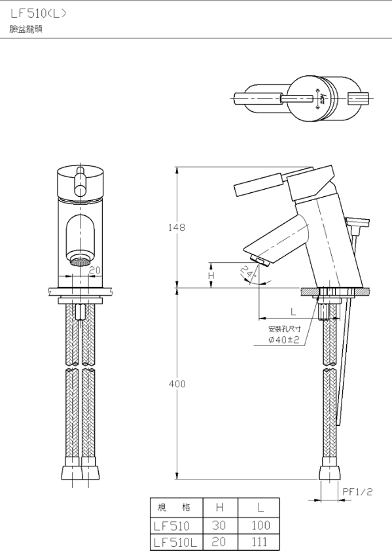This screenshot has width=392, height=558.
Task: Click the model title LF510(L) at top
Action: click(x=38, y=14)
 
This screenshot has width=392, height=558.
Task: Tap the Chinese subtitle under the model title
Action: click(x=26, y=29)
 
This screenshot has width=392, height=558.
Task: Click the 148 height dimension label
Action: click(x=177, y=227)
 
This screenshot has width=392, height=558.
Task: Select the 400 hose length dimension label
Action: click(x=177, y=383)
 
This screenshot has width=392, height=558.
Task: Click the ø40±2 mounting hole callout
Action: click(x=284, y=340)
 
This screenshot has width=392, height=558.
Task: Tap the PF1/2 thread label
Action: click(x=357, y=491)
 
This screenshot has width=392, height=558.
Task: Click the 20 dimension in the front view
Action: click(x=95, y=270)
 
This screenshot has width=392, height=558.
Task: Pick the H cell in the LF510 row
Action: click(x=219, y=525)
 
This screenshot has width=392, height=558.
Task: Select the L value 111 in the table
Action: click(x=260, y=542)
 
